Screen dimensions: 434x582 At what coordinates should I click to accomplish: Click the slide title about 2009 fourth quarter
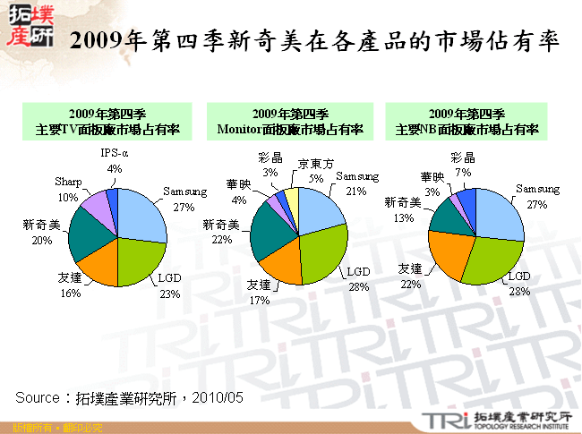[314, 41]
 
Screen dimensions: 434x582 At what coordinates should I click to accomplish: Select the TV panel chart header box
[107, 122]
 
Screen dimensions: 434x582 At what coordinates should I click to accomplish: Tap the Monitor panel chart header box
[290, 122]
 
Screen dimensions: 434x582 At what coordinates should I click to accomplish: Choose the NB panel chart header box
[466, 122]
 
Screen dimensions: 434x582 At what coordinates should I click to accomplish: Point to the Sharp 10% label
[68, 189]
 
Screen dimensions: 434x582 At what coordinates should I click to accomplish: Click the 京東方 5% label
[317, 171]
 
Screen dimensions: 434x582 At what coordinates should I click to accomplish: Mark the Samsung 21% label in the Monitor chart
[357, 183]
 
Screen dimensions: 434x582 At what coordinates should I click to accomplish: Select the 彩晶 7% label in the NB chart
[462, 165]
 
